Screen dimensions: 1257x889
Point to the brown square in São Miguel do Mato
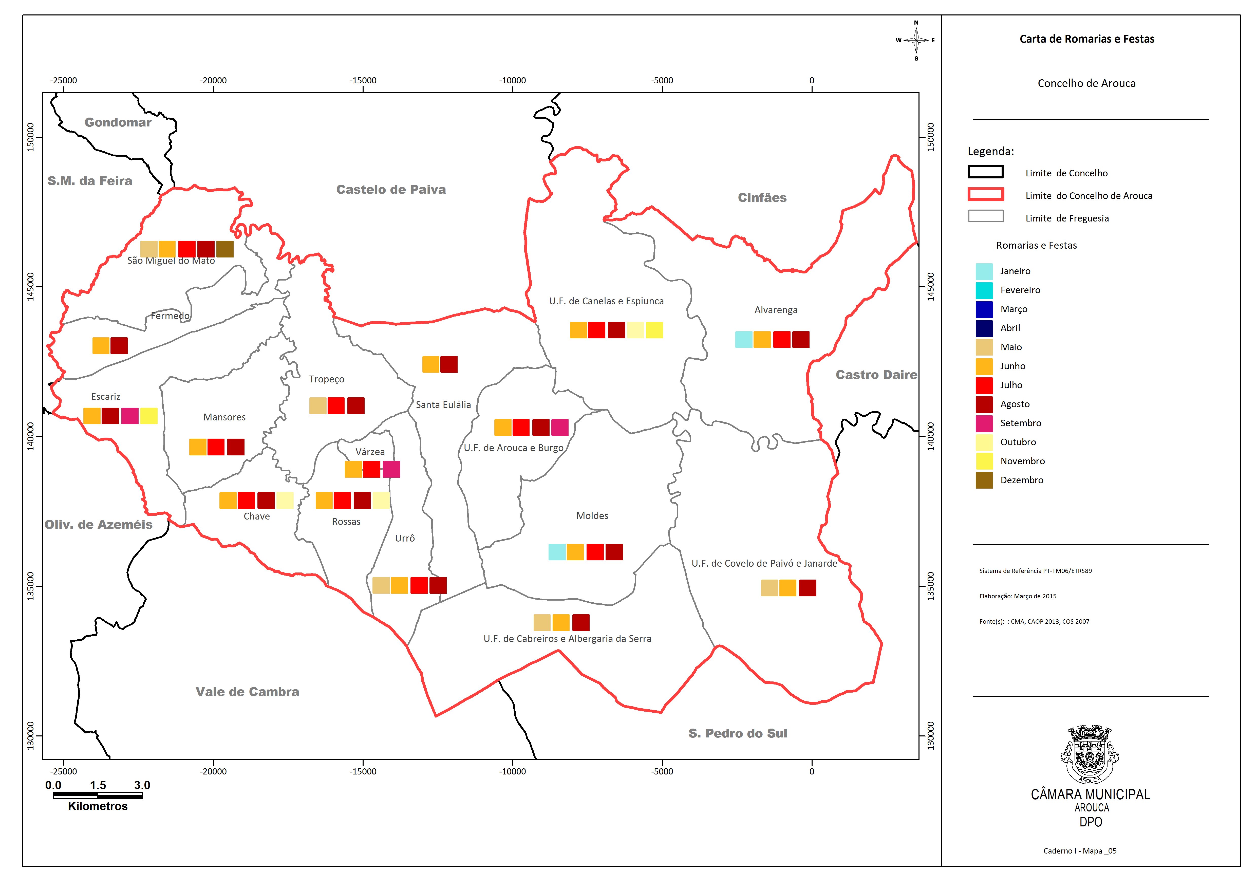click(x=225, y=249)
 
